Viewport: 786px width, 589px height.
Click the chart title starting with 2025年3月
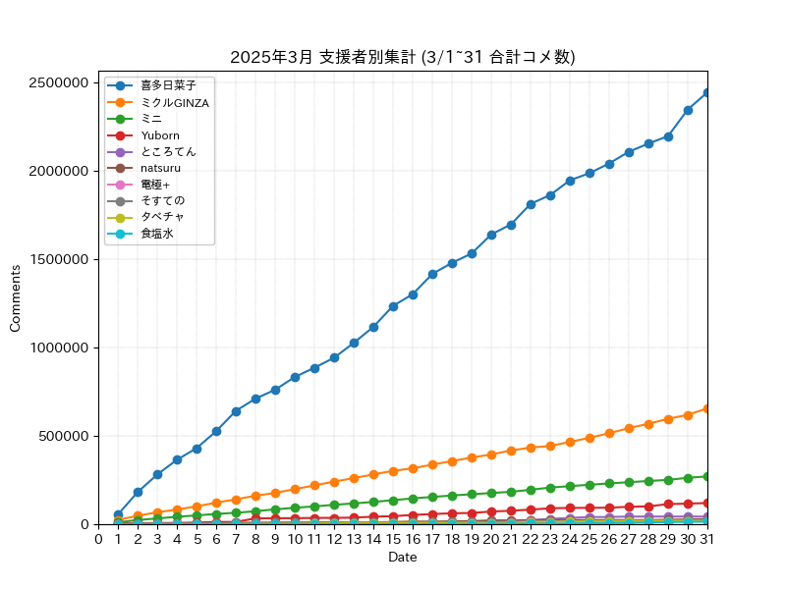pos(403,57)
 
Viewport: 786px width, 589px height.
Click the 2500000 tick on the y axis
pos(59,82)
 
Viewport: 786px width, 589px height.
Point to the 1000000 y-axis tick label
pos(59,348)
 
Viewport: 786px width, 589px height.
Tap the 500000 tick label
pos(64,436)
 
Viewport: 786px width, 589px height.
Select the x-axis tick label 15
pos(394,539)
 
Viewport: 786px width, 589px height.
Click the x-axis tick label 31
pos(707,539)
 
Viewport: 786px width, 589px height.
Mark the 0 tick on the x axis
pos(99,539)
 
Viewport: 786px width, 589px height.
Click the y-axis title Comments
pos(15,298)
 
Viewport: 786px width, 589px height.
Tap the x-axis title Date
pos(403,557)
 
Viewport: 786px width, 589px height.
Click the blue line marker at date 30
pos(688,110)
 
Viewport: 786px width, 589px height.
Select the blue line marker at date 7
pos(236,411)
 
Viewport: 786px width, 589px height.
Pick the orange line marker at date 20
pos(491,455)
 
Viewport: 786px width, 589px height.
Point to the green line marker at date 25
pos(589,485)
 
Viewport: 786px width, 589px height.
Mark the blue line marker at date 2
pos(138,493)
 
